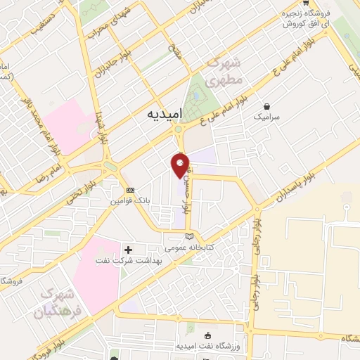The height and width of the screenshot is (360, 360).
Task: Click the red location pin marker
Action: pos(180,165)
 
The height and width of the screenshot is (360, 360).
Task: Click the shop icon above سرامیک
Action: pos(266,105)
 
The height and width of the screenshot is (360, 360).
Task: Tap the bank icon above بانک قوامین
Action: pos(130,191)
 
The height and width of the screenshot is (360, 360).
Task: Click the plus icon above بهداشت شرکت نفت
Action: pos(128,249)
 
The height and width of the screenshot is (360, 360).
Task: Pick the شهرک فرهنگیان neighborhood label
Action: pos(62,302)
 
